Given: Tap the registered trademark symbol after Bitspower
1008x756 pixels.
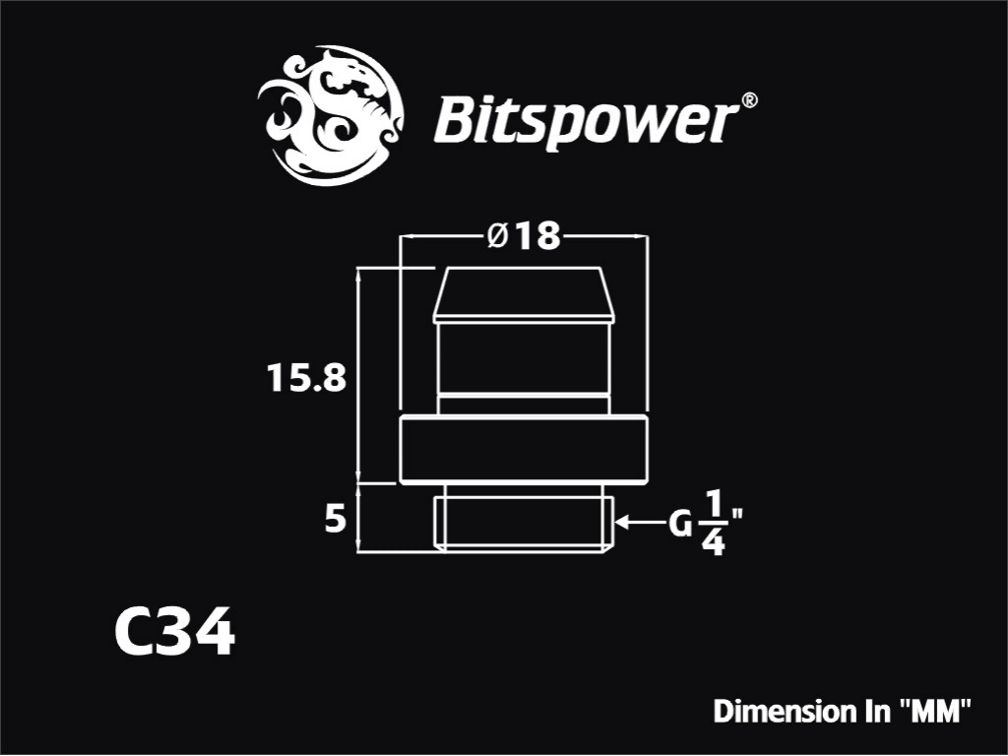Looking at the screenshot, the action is pyautogui.click(x=749, y=100).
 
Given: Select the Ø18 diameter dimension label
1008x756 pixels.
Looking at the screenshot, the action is pyautogui.click(x=524, y=236).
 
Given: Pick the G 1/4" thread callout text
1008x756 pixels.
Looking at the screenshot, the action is pyautogui.click(x=706, y=523).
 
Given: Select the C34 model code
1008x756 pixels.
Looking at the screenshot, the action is pyautogui.click(x=175, y=632).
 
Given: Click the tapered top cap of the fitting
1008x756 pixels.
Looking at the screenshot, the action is pyautogui.click(x=524, y=294).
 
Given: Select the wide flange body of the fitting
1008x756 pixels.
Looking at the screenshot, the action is pyautogui.click(x=524, y=450).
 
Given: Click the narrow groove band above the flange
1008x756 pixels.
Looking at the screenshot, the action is pyautogui.click(x=524, y=405).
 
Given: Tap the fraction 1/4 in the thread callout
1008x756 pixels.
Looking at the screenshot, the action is pyautogui.click(x=714, y=523).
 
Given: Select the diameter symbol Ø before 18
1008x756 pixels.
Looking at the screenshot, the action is pyautogui.click(x=498, y=236).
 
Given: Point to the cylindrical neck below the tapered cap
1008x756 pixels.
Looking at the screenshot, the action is pyautogui.click(x=524, y=358).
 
